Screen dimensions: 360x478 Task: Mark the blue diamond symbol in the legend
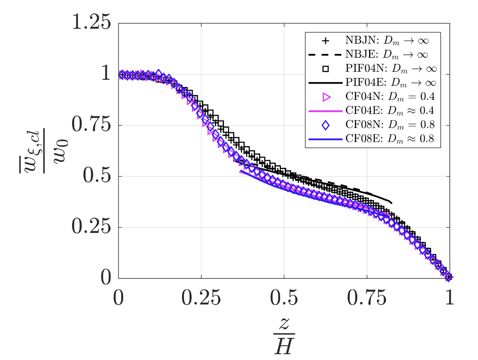tap(325, 125)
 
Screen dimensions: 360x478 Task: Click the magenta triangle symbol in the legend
tap(325, 97)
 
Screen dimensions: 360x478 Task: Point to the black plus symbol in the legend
tap(325, 41)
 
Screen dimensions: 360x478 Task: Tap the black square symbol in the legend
tap(325, 69)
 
